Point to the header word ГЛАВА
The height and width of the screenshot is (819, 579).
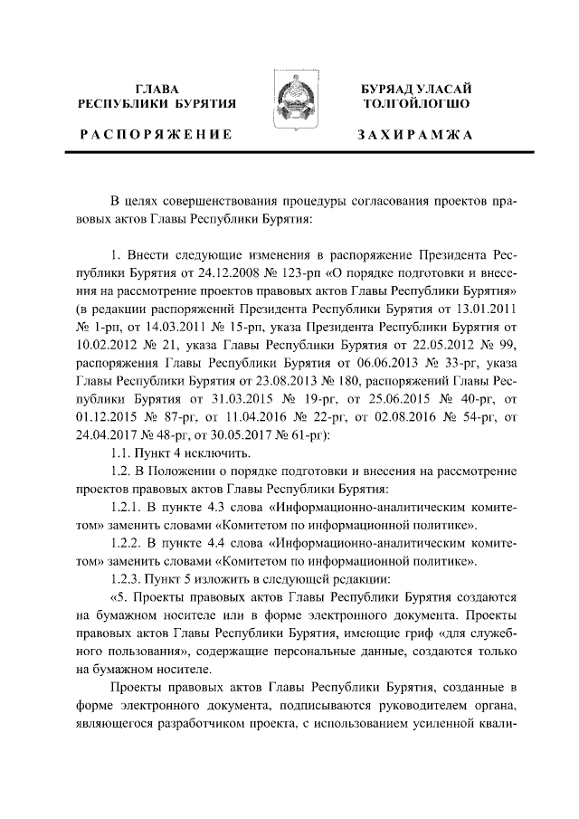point(157,89)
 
